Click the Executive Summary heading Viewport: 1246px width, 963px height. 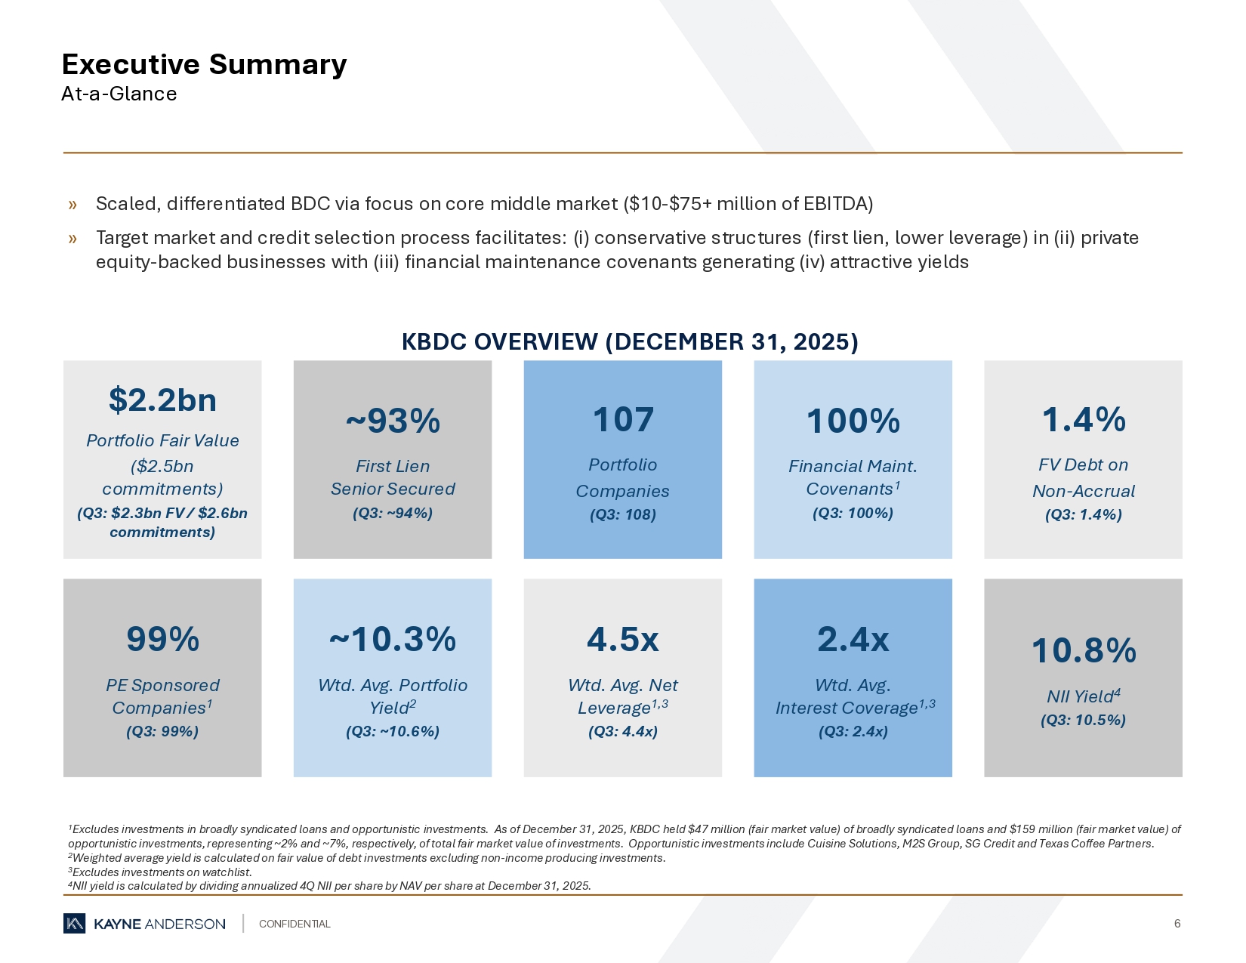click(204, 65)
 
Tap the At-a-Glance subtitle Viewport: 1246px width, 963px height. click(119, 94)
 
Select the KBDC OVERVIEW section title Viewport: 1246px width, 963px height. click(629, 342)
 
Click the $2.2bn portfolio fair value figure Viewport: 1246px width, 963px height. click(162, 400)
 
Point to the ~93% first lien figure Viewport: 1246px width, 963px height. click(393, 421)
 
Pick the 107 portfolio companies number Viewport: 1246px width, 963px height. click(623, 420)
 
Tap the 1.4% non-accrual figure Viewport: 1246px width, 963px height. click(1083, 420)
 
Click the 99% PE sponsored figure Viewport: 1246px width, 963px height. click(162, 639)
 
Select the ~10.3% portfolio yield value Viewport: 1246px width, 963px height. click(393, 639)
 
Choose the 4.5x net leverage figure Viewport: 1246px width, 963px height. click(623, 640)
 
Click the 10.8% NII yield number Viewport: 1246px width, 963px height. click(1083, 650)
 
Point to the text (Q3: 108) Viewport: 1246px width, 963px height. click(623, 515)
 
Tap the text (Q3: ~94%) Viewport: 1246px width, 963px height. click(393, 514)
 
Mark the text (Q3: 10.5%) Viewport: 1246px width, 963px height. click(1083, 720)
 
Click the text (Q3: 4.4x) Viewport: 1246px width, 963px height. click(623, 731)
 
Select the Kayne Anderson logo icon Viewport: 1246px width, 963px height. click(74, 924)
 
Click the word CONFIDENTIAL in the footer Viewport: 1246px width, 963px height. click(295, 924)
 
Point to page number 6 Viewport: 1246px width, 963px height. click(1177, 924)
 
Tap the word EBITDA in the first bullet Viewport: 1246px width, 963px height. click(837, 204)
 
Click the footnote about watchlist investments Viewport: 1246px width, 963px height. click(160, 872)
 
